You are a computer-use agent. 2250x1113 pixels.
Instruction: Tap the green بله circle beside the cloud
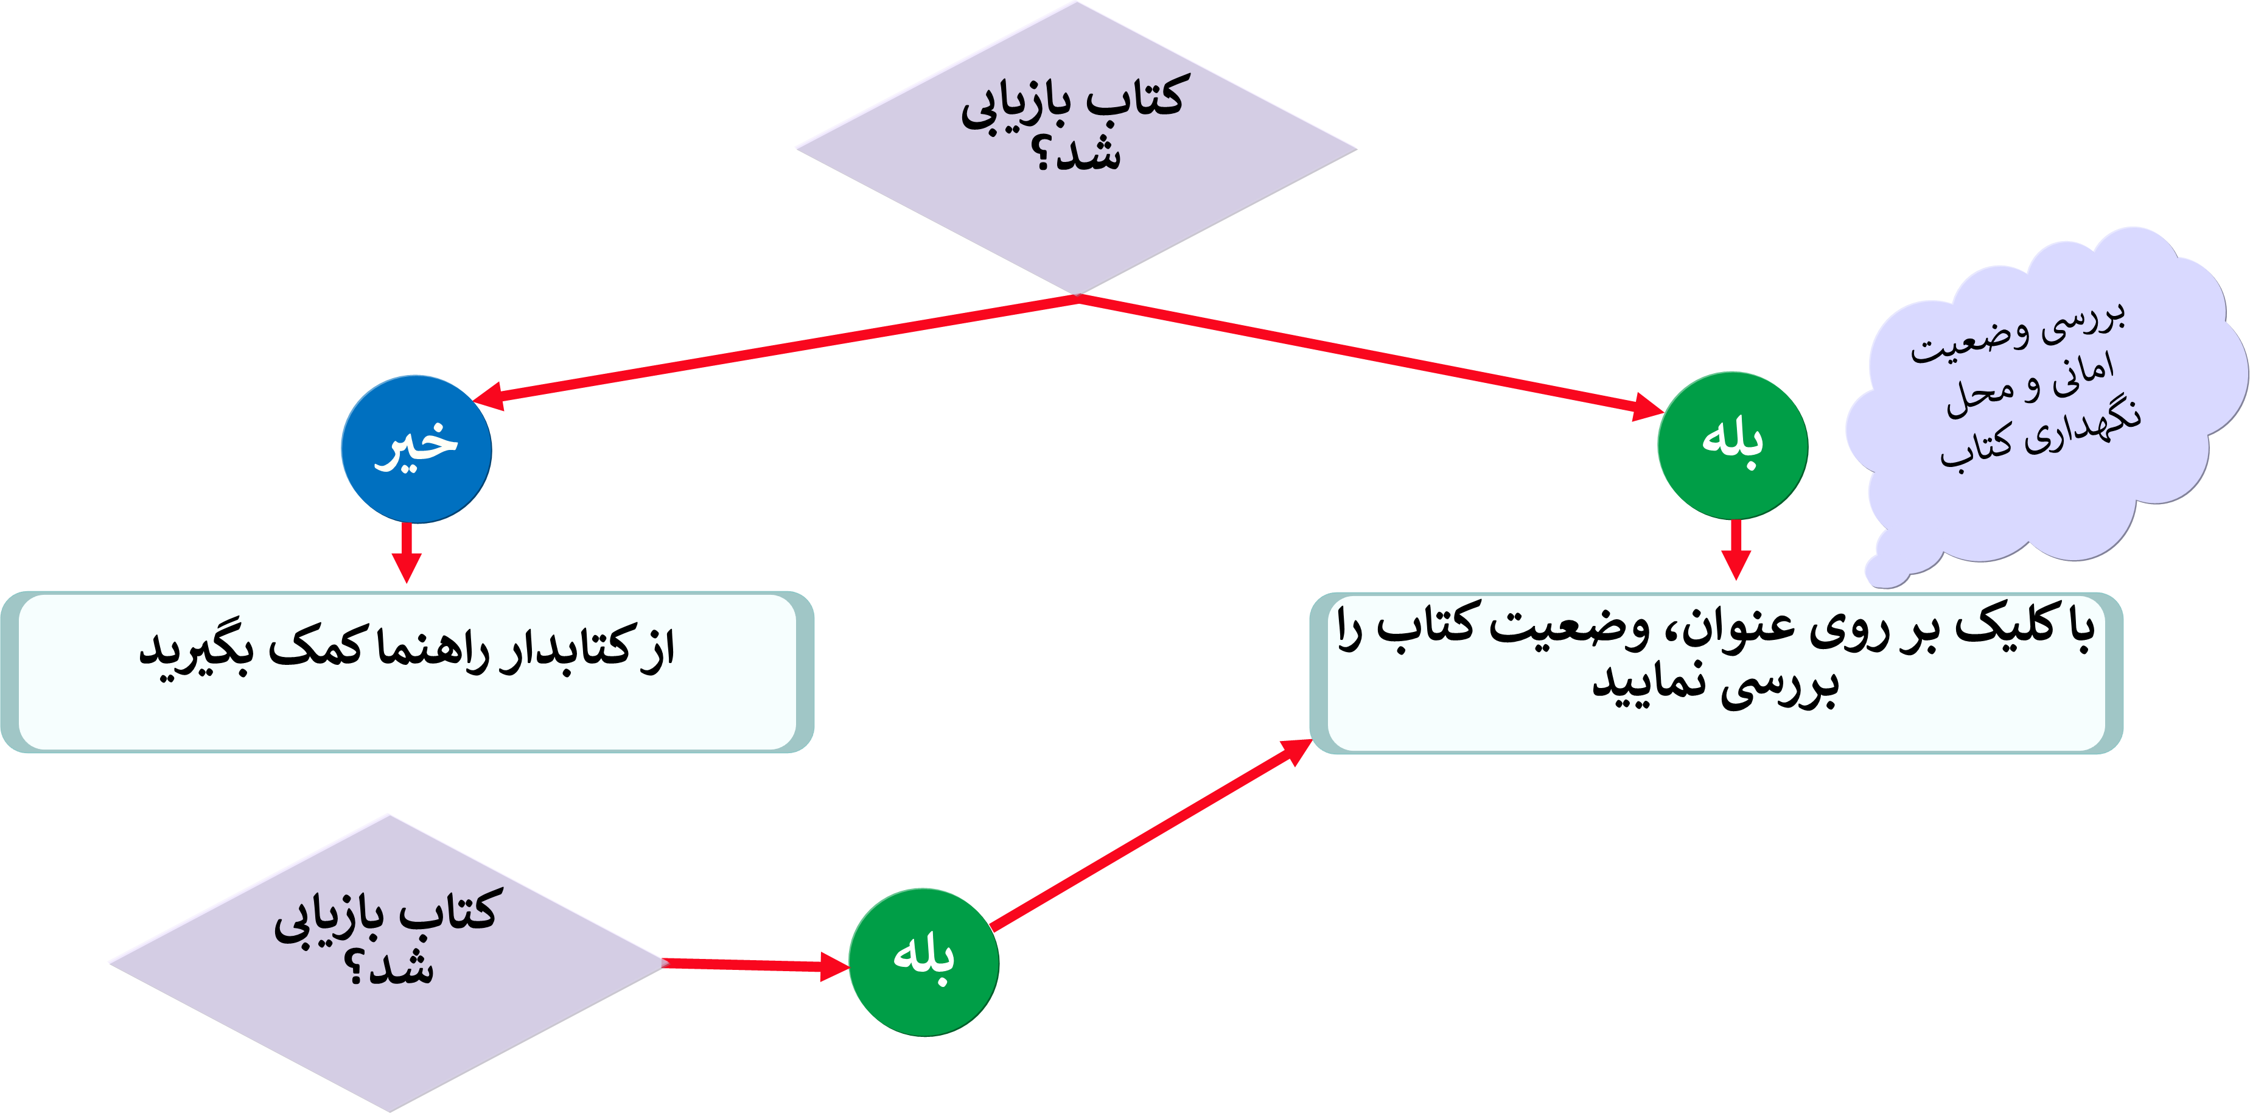point(1732,444)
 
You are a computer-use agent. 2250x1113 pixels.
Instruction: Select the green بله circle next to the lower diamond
point(923,962)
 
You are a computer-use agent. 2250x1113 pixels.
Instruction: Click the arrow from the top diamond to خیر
point(777,349)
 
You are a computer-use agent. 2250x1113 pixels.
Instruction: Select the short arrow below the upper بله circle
point(1736,550)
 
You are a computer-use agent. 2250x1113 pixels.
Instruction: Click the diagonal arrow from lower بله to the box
point(1153,834)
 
